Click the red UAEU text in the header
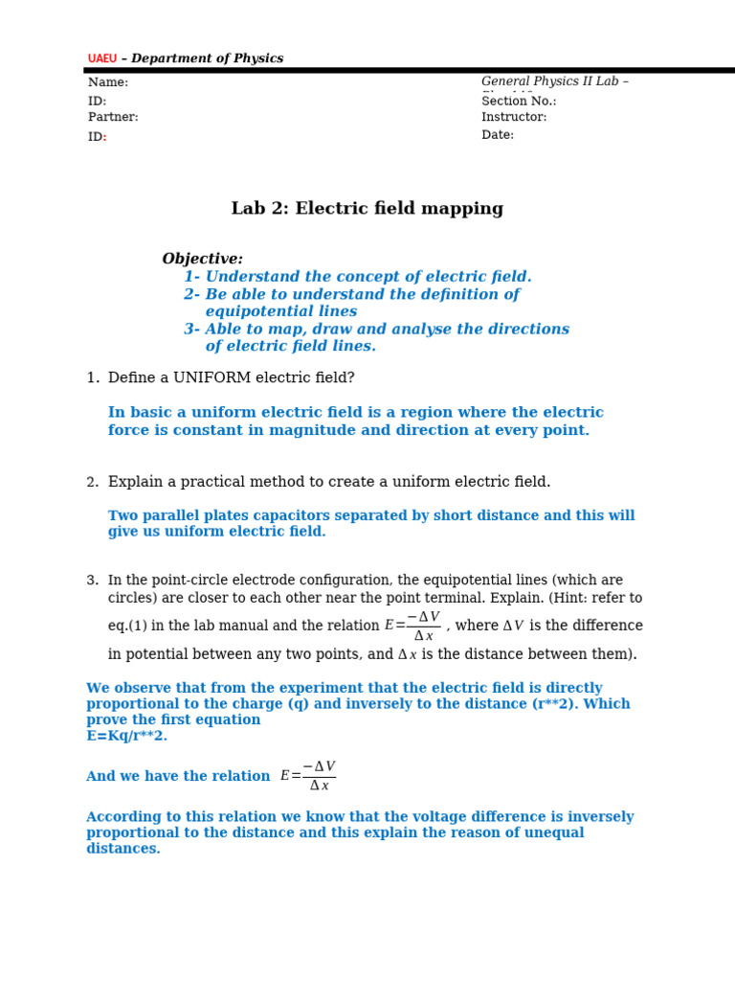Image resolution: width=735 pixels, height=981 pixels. [102, 59]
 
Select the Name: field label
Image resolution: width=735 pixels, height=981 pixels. [108, 83]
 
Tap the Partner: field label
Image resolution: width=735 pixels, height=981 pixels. [113, 118]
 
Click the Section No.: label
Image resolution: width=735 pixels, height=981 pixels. [519, 102]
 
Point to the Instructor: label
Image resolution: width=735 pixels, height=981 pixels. [514, 118]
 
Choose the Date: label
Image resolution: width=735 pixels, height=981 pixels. [498, 135]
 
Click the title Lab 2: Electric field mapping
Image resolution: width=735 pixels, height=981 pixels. [367, 209]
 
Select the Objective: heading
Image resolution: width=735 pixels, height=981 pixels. [202, 260]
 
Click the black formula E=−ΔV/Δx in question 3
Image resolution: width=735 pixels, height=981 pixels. [412, 627]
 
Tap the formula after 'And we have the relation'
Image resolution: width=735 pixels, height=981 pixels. [308, 776]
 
